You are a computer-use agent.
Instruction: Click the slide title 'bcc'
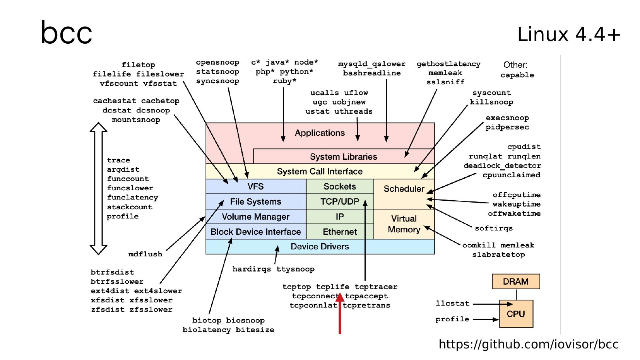[66, 33]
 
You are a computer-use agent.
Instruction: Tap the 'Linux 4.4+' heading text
[568, 34]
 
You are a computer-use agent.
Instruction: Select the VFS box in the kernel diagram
[255, 186]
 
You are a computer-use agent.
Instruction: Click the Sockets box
[339, 186]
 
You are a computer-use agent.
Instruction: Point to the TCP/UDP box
[339, 201]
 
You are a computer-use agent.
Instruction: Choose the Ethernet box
[339, 232]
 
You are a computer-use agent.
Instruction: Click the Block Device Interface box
[255, 232]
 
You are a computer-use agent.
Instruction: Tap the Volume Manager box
[255, 217]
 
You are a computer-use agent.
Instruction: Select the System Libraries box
[343, 157]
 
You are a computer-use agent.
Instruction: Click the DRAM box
[515, 282]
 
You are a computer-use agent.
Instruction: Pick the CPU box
[516, 314]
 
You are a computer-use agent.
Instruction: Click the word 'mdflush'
[145, 254]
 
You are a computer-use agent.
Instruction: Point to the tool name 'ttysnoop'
[295, 269]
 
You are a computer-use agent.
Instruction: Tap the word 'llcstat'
[452, 304]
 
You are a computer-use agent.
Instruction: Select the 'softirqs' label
[493, 228]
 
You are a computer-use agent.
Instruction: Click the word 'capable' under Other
[517, 75]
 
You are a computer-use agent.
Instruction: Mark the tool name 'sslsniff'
[445, 82]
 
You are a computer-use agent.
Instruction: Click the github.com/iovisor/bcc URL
[528, 344]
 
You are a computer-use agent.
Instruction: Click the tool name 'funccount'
[128, 179]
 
